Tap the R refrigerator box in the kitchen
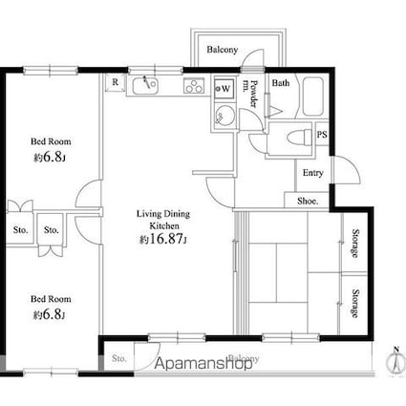pos(116,82)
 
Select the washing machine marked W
pos(224,89)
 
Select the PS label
pos(322,136)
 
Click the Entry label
pos(312,173)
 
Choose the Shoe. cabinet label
pos(308,201)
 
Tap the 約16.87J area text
pos(163,239)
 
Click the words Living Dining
pos(164,215)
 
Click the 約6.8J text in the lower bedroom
pos(48,314)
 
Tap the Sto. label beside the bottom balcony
pos(118,358)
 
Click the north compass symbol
pos(393,360)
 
